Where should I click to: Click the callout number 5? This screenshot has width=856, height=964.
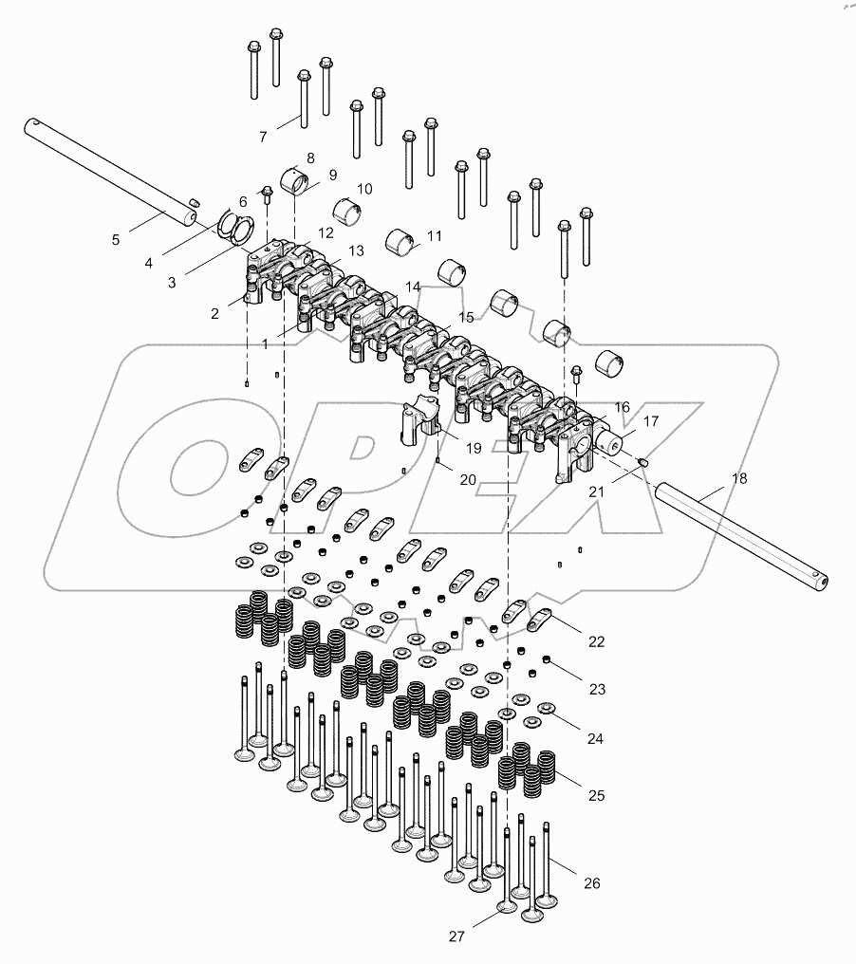116,240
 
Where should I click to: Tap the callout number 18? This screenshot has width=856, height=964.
739,481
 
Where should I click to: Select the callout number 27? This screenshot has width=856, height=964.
457,936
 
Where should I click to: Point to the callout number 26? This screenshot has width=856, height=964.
592,884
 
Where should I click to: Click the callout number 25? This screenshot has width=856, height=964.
595,795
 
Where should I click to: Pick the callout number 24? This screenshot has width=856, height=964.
595,737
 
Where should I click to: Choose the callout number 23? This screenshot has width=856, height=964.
596,689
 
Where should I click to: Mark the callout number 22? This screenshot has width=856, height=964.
596,641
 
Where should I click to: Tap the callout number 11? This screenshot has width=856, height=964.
435,235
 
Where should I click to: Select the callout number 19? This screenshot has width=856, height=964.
473,448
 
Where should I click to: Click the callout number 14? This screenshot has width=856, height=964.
413,286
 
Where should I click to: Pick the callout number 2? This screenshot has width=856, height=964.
214,313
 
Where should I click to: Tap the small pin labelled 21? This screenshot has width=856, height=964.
642,462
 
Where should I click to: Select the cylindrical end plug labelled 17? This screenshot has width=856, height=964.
615,440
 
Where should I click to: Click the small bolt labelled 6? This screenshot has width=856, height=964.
266,195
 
